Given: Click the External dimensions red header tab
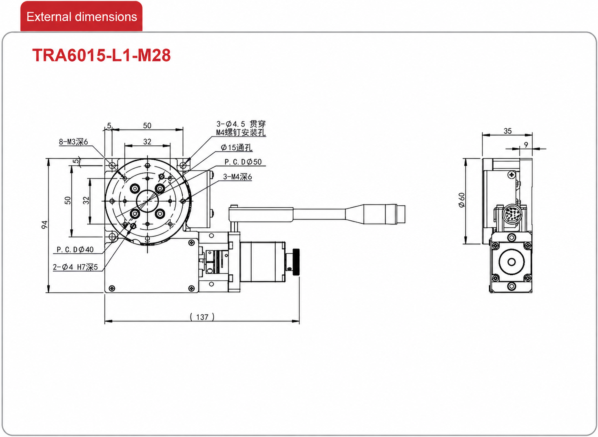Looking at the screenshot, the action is click(x=82, y=17).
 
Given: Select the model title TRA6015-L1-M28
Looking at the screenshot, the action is click(x=102, y=55).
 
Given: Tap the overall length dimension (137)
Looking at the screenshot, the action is click(x=202, y=317).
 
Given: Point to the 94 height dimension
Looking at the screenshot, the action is click(x=44, y=224).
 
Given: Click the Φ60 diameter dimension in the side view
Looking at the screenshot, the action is click(x=462, y=200).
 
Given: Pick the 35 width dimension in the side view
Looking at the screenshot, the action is click(x=507, y=131).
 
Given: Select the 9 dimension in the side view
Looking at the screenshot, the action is click(x=526, y=145).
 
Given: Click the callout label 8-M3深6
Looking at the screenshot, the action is click(x=73, y=142).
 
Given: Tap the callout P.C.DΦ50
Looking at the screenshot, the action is click(x=243, y=162).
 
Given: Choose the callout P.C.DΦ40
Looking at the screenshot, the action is click(x=75, y=249).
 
